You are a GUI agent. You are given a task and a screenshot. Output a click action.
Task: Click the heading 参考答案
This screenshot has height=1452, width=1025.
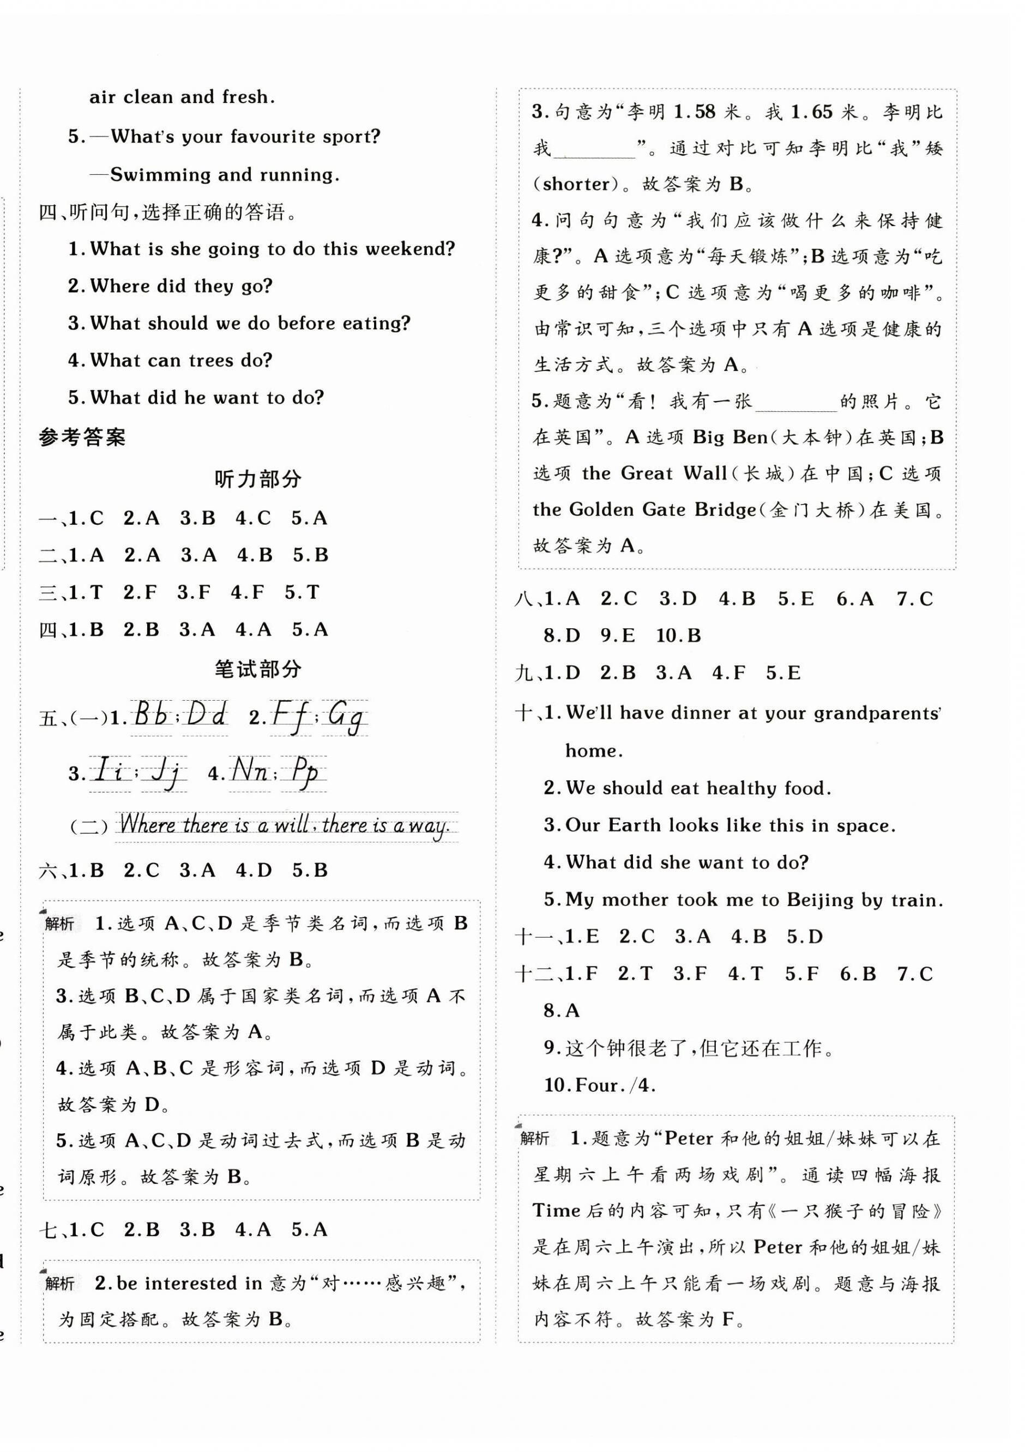click(x=82, y=437)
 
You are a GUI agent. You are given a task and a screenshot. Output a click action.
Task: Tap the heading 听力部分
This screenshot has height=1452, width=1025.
click(x=257, y=479)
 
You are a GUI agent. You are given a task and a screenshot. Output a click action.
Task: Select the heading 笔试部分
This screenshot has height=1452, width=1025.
click(x=257, y=669)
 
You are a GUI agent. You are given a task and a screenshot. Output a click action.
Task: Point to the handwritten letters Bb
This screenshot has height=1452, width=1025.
click(x=151, y=716)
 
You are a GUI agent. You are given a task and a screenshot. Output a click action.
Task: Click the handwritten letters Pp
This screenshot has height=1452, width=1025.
click(x=304, y=772)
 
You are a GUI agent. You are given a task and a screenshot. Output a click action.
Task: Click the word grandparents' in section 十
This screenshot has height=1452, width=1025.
click(x=877, y=713)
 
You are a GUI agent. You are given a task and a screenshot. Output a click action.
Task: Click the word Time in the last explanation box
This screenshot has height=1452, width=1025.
click(x=556, y=1211)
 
